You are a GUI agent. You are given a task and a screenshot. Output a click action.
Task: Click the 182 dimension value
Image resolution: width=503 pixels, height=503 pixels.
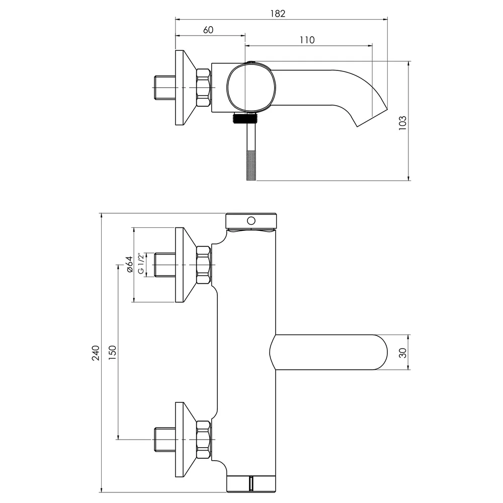(x=278, y=14)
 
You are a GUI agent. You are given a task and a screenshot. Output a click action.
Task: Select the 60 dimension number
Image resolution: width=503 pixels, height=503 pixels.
(x=208, y=30)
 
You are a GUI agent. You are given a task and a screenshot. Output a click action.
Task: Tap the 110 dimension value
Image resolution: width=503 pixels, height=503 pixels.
(x=307, y=40)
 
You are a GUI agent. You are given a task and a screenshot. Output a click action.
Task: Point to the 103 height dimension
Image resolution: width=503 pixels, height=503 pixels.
(x=402, y=123)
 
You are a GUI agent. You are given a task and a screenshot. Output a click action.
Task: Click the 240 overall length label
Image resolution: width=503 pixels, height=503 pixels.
(x=96, y=353)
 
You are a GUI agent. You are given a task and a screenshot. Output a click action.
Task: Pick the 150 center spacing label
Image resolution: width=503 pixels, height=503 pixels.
(x=112, y=352)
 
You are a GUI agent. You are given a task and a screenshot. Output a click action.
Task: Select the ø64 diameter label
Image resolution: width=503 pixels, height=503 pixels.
(x=129, y=265)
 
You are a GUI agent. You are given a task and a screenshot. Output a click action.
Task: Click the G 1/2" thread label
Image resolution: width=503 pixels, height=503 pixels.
(x=140, y=264)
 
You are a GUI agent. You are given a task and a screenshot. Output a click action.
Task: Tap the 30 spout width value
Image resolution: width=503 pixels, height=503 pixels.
(x=403, y=353)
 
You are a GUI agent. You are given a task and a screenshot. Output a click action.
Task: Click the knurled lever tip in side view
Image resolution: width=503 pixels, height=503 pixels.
(x=251, y=165)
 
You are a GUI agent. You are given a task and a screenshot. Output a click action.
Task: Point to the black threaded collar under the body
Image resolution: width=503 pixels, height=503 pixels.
(x=245, y=119)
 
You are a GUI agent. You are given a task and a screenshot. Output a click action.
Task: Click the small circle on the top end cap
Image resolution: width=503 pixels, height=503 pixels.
(x=251, y=221)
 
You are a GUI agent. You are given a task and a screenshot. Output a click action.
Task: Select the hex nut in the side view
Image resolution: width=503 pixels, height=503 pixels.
(x=204, y=88)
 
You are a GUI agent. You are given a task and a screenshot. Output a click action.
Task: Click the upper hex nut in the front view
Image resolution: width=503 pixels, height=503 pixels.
(x=204, y=265)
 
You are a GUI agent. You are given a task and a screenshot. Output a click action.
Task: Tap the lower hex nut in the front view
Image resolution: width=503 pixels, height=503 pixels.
(x=204, y=440)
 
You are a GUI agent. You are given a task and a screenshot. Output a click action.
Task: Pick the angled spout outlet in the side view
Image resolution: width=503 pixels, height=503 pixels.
(x=373, y=118)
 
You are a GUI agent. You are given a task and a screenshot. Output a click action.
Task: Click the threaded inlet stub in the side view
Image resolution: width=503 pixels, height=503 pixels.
(x=165, y=88)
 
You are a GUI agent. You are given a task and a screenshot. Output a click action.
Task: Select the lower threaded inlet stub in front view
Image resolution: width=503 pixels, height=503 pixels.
(x=165, y=440)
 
